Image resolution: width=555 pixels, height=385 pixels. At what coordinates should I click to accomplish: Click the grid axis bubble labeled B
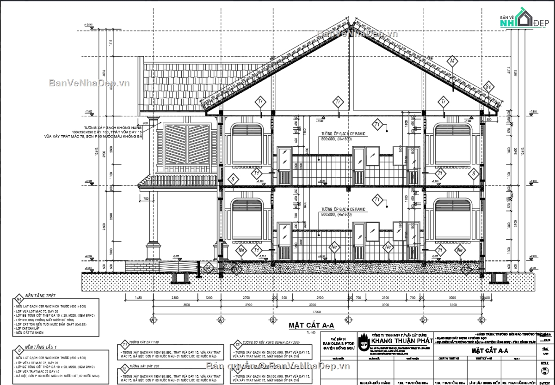pos(273,319)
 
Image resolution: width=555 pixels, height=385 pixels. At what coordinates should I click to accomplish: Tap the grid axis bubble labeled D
pos(423,319)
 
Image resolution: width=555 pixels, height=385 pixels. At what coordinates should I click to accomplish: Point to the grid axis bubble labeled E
pos(481,319)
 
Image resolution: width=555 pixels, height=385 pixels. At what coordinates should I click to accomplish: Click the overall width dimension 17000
pos(318,312)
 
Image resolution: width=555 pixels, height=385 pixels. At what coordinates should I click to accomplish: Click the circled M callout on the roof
pos(453,61)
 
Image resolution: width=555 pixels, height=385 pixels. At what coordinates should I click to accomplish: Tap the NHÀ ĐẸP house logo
pos(523,19)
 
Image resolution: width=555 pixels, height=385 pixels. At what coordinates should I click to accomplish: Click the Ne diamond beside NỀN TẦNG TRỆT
pos(18,298)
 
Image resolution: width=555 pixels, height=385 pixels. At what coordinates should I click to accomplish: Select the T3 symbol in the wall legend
pos(237,344)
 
